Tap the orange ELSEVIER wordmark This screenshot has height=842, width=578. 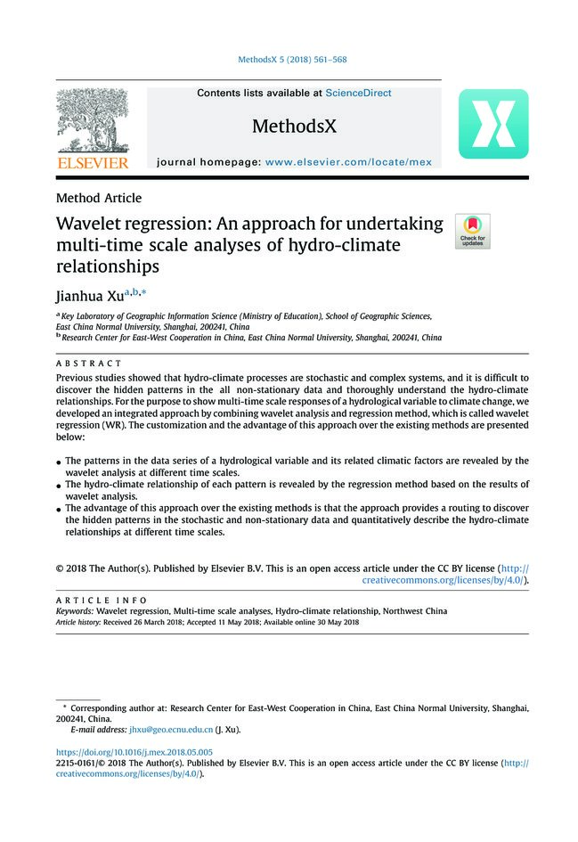(x=93, y=164)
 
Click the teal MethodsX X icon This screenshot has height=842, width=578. (x=493, y=124)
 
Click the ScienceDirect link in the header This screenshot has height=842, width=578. (x=358, y=93)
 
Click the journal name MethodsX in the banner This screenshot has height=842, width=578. (x=294, y=127)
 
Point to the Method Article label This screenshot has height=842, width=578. (x=98, y=198)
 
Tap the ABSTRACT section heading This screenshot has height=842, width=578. (x=88, y=364)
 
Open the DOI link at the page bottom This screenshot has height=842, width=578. (x=134, y=752)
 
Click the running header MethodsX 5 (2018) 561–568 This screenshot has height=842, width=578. (x=292, y=61)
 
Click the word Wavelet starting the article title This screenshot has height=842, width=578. (x=89, y=225)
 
